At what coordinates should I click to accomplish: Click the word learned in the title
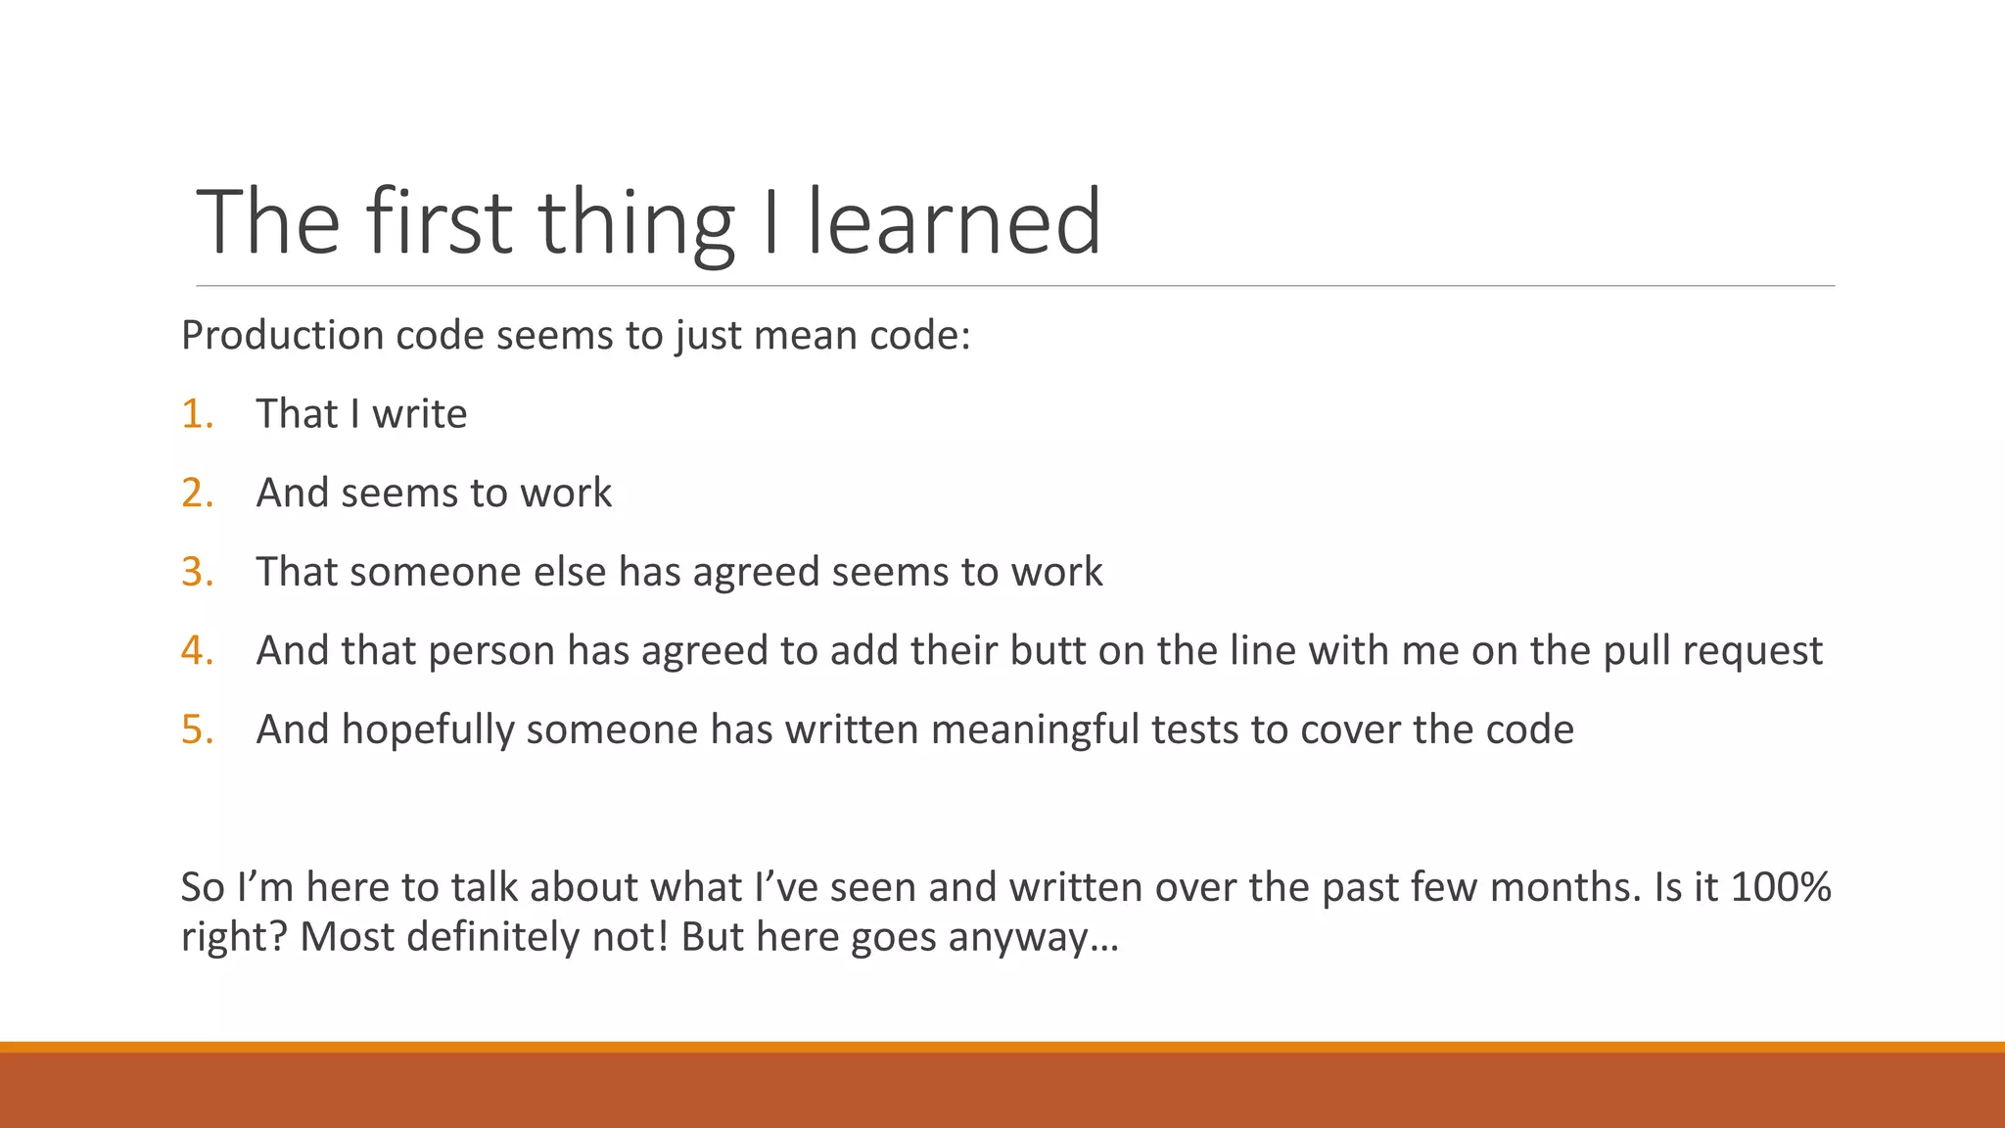[954, 222]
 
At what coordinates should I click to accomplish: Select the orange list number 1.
[197, 414]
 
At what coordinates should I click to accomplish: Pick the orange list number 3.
[197, 572]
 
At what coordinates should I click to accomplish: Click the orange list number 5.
[197, 729]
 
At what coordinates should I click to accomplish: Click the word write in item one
[419, 414]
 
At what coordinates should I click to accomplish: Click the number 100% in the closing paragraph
[1780, 887]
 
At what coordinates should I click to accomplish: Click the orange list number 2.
[197, 493]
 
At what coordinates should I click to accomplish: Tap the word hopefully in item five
[427, 730]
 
